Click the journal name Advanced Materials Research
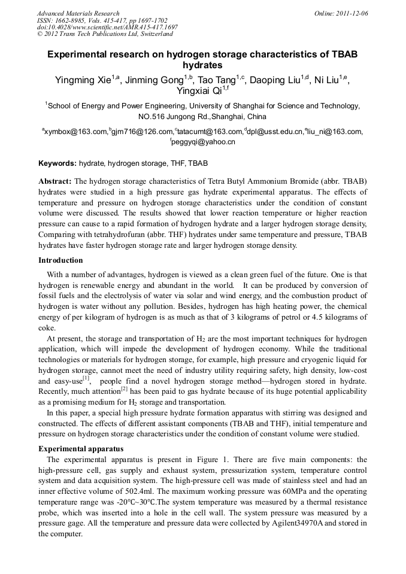coord(78,13)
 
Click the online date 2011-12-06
coord(351,13)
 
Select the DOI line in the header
coord(107,27)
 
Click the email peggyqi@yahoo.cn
coord(203,142)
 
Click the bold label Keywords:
coord(57,163)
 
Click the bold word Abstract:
coord(55,181)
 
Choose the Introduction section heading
coord(60,260)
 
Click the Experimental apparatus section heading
coord(81,448)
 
